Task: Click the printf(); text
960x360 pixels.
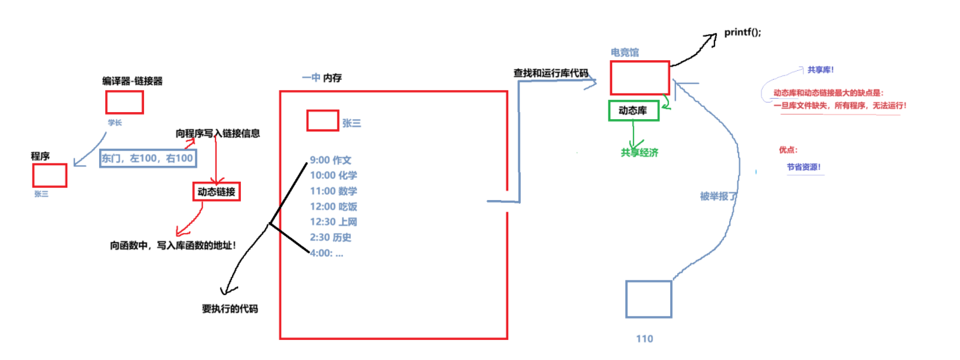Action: pyautogui.click(x=742, y=32)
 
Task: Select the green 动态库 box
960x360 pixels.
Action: pyautogui.click(x=633, y=110)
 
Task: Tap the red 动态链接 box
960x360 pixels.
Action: pyautogui.click(x=216, y=192)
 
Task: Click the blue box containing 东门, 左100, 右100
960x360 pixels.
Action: pyautogui.click(x=148, y=158)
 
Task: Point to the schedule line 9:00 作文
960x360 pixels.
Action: pyautogui.click(x=331, y=160)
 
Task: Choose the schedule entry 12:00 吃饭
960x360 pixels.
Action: pyautogui.click(x=334, y=207)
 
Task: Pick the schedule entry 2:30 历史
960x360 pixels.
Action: pyautogui.click(x=331, y=237)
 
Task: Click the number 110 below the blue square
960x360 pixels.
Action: pyautogui.click(x=644, y=339)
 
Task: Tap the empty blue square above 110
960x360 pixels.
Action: pyautogui.click(x=648, y=299)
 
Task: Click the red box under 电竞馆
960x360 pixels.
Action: pyautogui.click(x=639, y=77)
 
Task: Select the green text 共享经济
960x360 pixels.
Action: pyautogui.click(x=639, y=153)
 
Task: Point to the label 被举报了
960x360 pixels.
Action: pyautogui.click(x=718, y=197)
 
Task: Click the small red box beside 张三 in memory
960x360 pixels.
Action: pyautogui.click(x=322, y=120)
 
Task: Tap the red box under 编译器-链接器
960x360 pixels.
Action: pyautogui.click(x=125, y=102)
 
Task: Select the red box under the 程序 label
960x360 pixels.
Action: pyautogui.click(x=50, y=175)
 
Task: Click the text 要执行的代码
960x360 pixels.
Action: pyautogui.click(x=230, y=309)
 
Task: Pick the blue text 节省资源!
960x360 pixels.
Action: pyautogui.click(x=804, y=167)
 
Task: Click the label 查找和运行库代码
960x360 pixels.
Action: pyautogui.click(x=551, y=73)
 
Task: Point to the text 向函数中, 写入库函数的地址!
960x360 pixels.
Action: pyautogui.click(x=173, y=246)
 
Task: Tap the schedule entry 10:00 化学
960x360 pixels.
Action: pyautogui.click(x=334, y=175)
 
